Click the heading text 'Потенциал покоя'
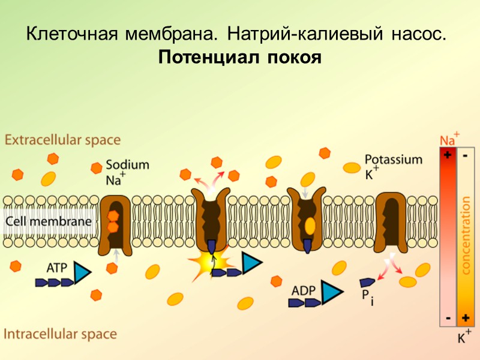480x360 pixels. click(x=240, y=59)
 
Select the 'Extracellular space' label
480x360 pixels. click(x=62, y=140)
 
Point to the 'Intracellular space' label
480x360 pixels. click(x=61, y=334)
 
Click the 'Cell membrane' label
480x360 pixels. click(x=49, y=221)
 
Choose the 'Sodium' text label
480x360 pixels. click(x=127, y=164)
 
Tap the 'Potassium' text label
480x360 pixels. click(x=394, y=160)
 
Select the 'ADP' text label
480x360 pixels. click(x=303, y=290)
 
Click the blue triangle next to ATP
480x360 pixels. click(x=81, y=274)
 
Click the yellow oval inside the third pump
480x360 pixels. click(x=310, y=226)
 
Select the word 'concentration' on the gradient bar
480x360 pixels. click(x=465, y=235)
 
